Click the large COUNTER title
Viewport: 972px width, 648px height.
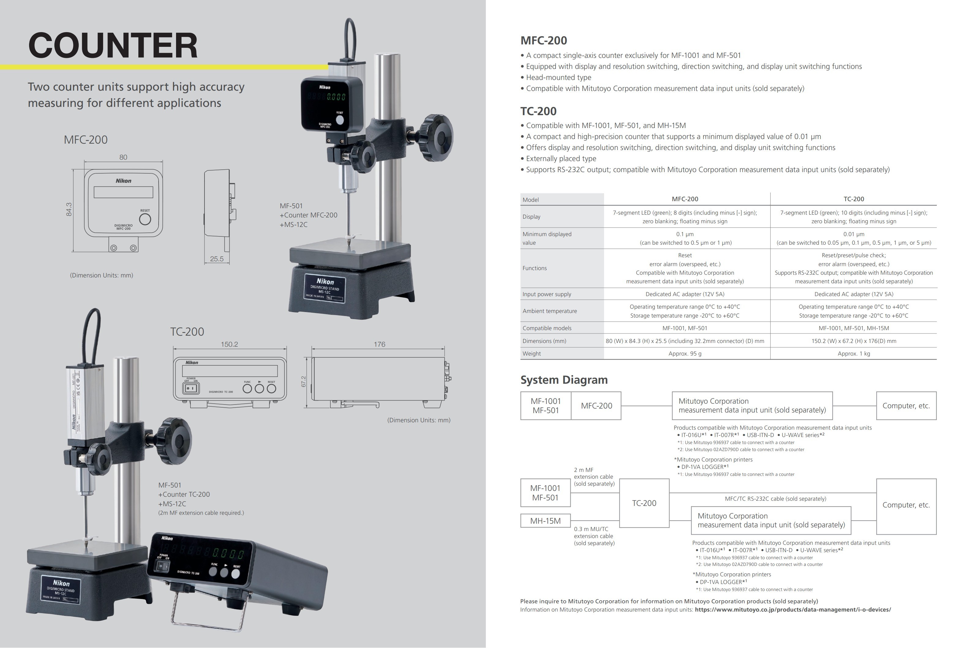113,45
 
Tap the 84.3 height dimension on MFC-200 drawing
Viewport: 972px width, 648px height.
69,209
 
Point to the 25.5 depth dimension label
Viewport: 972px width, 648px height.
216,259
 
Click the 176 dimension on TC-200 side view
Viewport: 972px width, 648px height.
379,344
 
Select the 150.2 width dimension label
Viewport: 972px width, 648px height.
229,344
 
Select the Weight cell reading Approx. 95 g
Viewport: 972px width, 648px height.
685,354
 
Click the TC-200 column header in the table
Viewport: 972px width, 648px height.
854,199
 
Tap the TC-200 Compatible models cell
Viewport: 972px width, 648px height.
854,328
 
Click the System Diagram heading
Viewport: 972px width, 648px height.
564,380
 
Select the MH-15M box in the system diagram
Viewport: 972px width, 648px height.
545,521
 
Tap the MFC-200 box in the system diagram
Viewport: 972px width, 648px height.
596,406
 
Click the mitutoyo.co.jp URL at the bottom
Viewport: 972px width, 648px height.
793,609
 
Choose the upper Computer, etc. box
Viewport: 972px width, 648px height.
906,406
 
